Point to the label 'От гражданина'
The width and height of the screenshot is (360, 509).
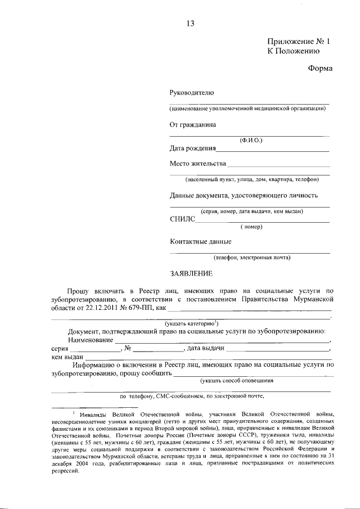click(x=193, y=125)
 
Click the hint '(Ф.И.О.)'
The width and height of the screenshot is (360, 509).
click(x=250, y=139)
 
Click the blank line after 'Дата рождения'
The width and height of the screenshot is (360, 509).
click(x=273, y=149)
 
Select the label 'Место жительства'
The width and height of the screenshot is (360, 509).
click(x=198, y=164)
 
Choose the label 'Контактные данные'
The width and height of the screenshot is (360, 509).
click(x=201, y=242)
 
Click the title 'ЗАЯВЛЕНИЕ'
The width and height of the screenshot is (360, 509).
click(x=191, y=274)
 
